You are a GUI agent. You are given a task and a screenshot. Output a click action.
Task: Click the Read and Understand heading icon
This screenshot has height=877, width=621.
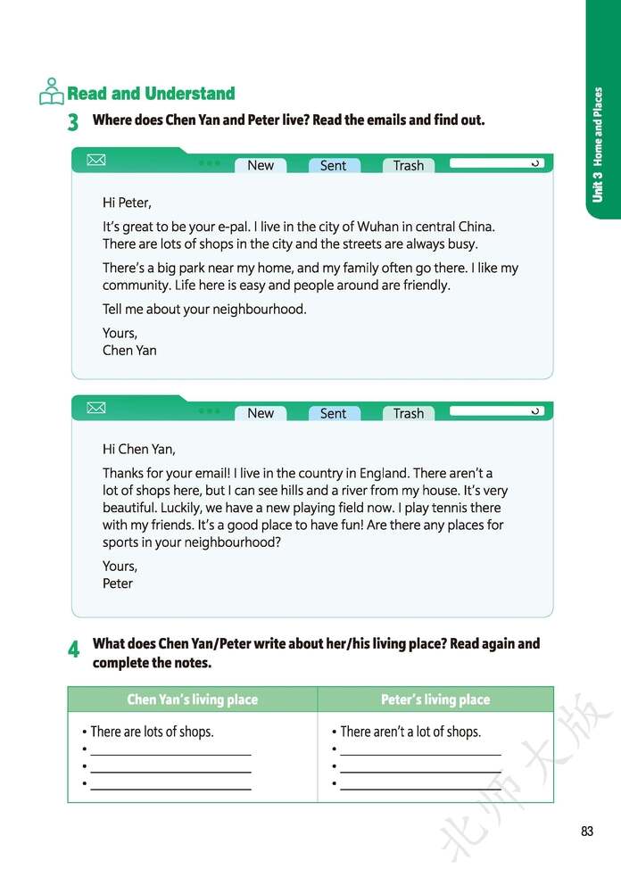click(52, 92)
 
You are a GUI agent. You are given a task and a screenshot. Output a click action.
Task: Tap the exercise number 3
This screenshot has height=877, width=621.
click(73, 122)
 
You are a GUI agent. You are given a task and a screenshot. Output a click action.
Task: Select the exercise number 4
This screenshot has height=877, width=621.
click(73, 649)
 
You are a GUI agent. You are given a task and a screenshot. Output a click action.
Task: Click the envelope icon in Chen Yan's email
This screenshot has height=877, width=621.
click(95, 161)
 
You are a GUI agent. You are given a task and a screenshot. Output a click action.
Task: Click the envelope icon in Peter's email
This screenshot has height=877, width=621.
click(95, 409)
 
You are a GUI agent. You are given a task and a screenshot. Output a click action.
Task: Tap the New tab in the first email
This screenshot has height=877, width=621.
click(261, 165)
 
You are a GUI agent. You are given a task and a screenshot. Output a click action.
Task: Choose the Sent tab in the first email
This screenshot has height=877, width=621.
click(333, 165)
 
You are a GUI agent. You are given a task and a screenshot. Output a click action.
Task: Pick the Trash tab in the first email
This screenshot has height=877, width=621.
click(409, 165)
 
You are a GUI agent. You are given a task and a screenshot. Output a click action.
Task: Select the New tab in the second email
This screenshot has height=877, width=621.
click(261, 413)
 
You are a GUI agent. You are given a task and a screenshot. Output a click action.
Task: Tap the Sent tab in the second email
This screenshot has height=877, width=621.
click(333, 413)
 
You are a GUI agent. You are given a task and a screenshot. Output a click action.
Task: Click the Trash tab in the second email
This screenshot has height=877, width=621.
click(409, 413)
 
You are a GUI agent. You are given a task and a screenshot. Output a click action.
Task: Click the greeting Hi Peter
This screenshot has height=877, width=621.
click(127, 203)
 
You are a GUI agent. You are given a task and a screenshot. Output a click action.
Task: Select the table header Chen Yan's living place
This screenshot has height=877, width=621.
click(192, 699)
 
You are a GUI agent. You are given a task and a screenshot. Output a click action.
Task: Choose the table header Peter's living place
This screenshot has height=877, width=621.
click(435, 699)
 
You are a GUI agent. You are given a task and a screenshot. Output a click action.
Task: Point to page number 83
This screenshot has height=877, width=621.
click(586, 831)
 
